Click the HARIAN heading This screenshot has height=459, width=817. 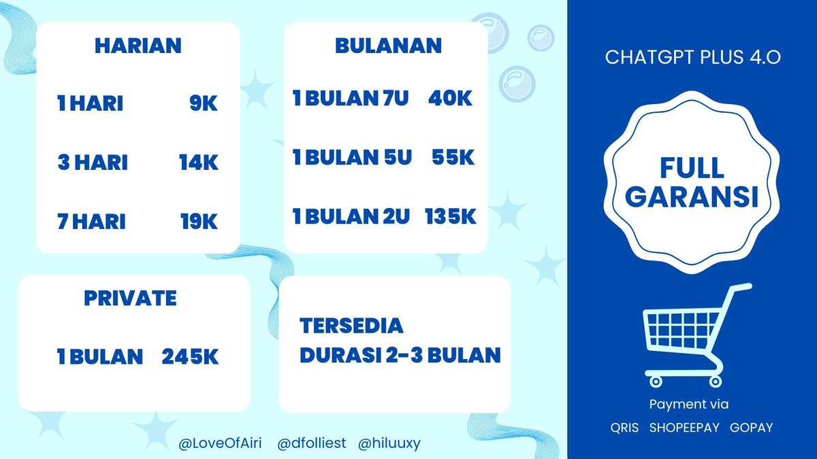[x=138, y=46]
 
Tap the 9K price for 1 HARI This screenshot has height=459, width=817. [x=204, y=104]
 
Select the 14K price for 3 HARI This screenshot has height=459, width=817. [x=198, y=163]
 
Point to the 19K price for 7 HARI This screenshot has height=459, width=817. [x=199, y=222]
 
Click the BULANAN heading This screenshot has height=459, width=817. [x=388, y=46]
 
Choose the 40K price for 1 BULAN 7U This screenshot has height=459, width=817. [x=450, y=99]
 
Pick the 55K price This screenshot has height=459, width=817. [x=453, y=158]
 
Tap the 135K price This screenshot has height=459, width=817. [x=451, y=217]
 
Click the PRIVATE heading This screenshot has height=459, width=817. [x=130, y=298]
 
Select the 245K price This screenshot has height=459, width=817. [x=190, y=357]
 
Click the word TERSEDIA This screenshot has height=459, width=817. [x=351, y=326]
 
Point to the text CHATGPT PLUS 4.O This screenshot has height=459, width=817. [x=692, y=58]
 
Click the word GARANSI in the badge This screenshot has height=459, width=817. [x=692, y=197]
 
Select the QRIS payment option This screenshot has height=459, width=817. [x=624, y=428]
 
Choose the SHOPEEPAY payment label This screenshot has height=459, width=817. [x=683, y=428]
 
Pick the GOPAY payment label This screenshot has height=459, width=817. [x=751, y=428]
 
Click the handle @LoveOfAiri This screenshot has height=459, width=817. [x=220, y=443]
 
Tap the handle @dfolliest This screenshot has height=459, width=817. [x=312, y=443]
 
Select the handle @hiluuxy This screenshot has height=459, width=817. [x=389, y=443]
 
